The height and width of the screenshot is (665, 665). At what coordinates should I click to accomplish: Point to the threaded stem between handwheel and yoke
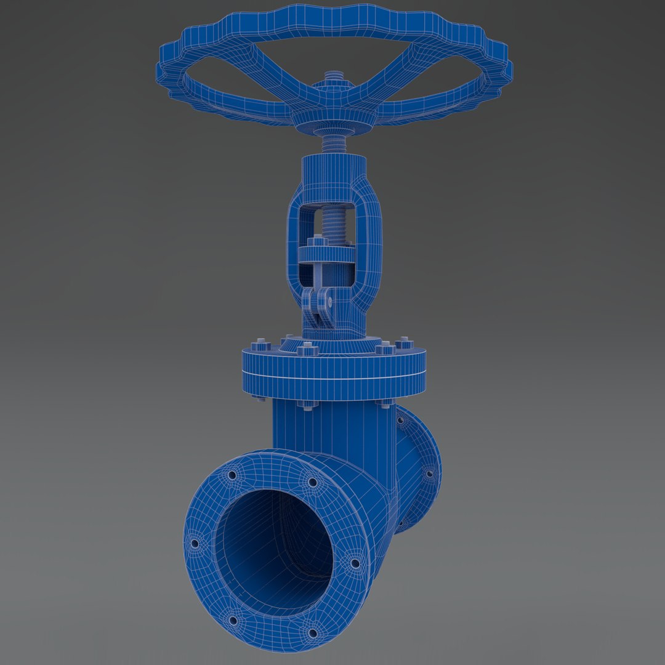pyautogui.click(x=334, y=145)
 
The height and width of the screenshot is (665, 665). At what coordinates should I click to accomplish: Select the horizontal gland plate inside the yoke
pyautogui.click(x=326, y=254)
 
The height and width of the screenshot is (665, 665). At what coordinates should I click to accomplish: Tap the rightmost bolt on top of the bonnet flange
pyautogui.click(x=405, y=342)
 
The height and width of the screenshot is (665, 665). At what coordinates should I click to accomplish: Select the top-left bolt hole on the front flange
pyautogui.click(x=232, y=475)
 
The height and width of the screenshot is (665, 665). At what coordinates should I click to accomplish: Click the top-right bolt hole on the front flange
pyautogui.click(x=312, y=482)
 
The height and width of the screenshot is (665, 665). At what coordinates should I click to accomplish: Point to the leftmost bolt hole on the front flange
pyautogui.click(x=195, y=544)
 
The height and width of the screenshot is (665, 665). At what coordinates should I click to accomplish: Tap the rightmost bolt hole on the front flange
pyautogui.click(x=355, y=562)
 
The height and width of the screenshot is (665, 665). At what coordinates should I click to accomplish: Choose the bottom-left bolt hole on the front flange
pyautogui.click(x=232, y=619)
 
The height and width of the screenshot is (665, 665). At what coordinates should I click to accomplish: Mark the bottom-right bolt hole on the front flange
pyautogui.click(x=312, y=632)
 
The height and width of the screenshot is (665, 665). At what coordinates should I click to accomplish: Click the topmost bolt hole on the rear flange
pyautogui.click(x=400, y=421)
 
